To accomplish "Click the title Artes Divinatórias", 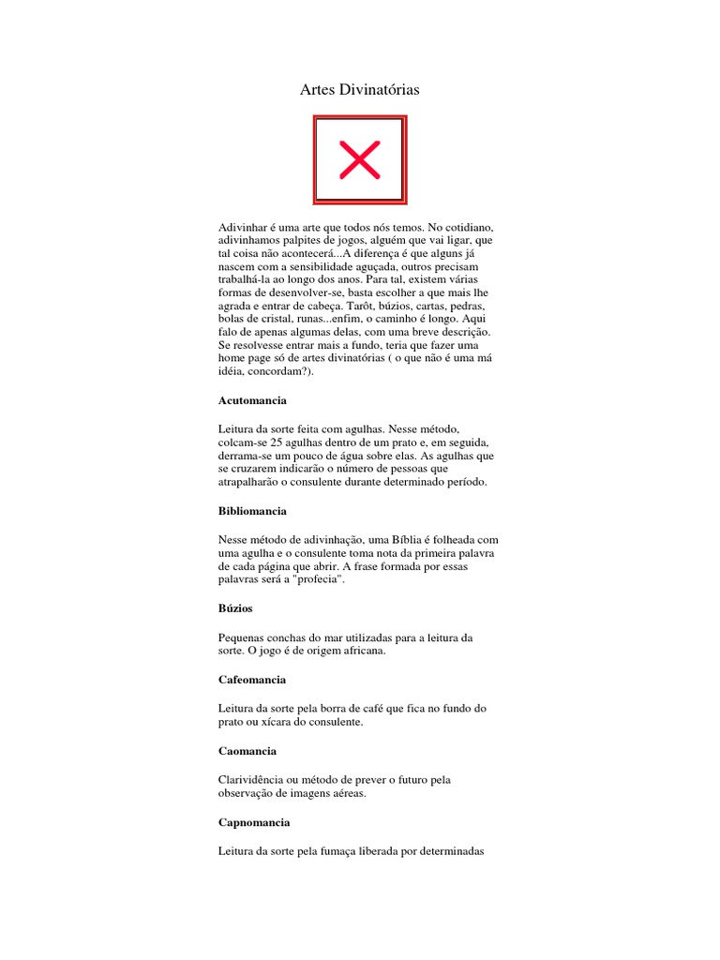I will click(x=359, y=90).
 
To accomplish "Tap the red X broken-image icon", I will click(x=359, y=159).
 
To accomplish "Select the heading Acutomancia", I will click(x=252, y=400).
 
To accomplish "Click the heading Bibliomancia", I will click(x=252, y=511).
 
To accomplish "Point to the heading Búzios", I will click(x=235, y=608).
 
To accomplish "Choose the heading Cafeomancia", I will click(x=252, y=679).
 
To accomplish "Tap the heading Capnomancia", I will click(x=254, y=822).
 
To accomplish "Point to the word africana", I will click(x=357, y=651).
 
